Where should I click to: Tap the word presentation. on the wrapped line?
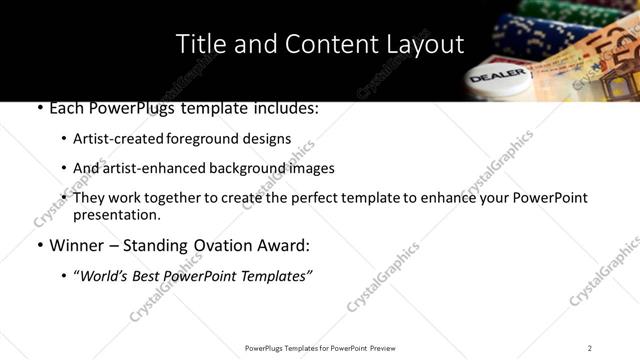(116, 214)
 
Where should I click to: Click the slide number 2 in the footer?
(589, 348)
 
